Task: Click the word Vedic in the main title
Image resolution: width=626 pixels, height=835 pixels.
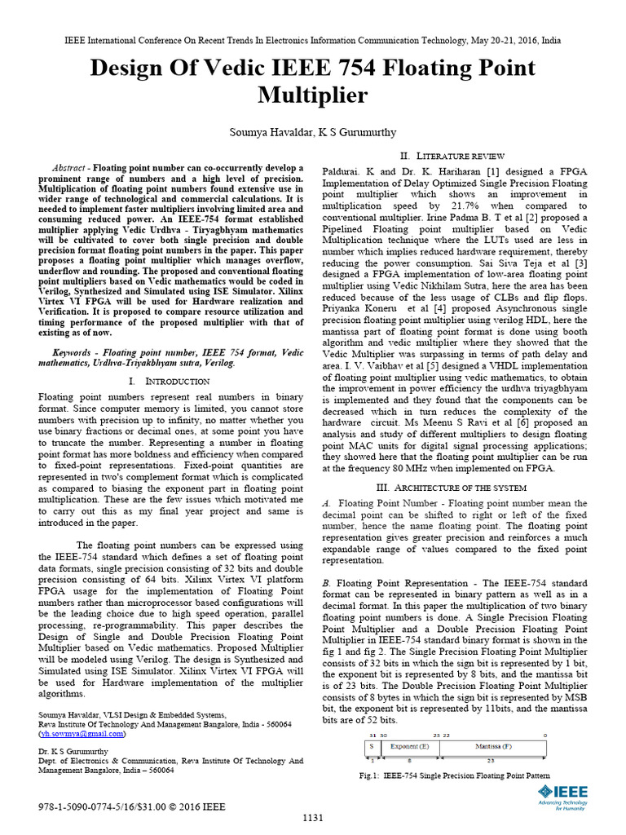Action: pyautogui.click(x=233, y=68)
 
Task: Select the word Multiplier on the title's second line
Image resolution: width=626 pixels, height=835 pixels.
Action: pyautogui.click(x=312, y=96)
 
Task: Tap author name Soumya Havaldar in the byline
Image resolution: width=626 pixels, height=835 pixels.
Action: pyautogui.click(x=269, y=132)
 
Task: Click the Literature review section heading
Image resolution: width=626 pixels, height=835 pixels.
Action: pyautogui.click(x=440, y=156)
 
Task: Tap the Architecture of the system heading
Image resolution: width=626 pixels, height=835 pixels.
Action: pyautogui.click(x=440, y=487)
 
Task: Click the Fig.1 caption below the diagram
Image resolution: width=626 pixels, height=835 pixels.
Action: pyautogui.click(x=455, y=775)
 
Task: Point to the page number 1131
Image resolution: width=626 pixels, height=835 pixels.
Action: pyautogui.click(x=313, y=818)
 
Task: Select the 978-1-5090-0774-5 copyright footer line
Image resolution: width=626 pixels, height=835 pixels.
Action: pyautogui.click(x=132, y=806)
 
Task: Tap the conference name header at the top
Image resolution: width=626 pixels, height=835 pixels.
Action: pyautogui.click(x=313, y=39)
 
